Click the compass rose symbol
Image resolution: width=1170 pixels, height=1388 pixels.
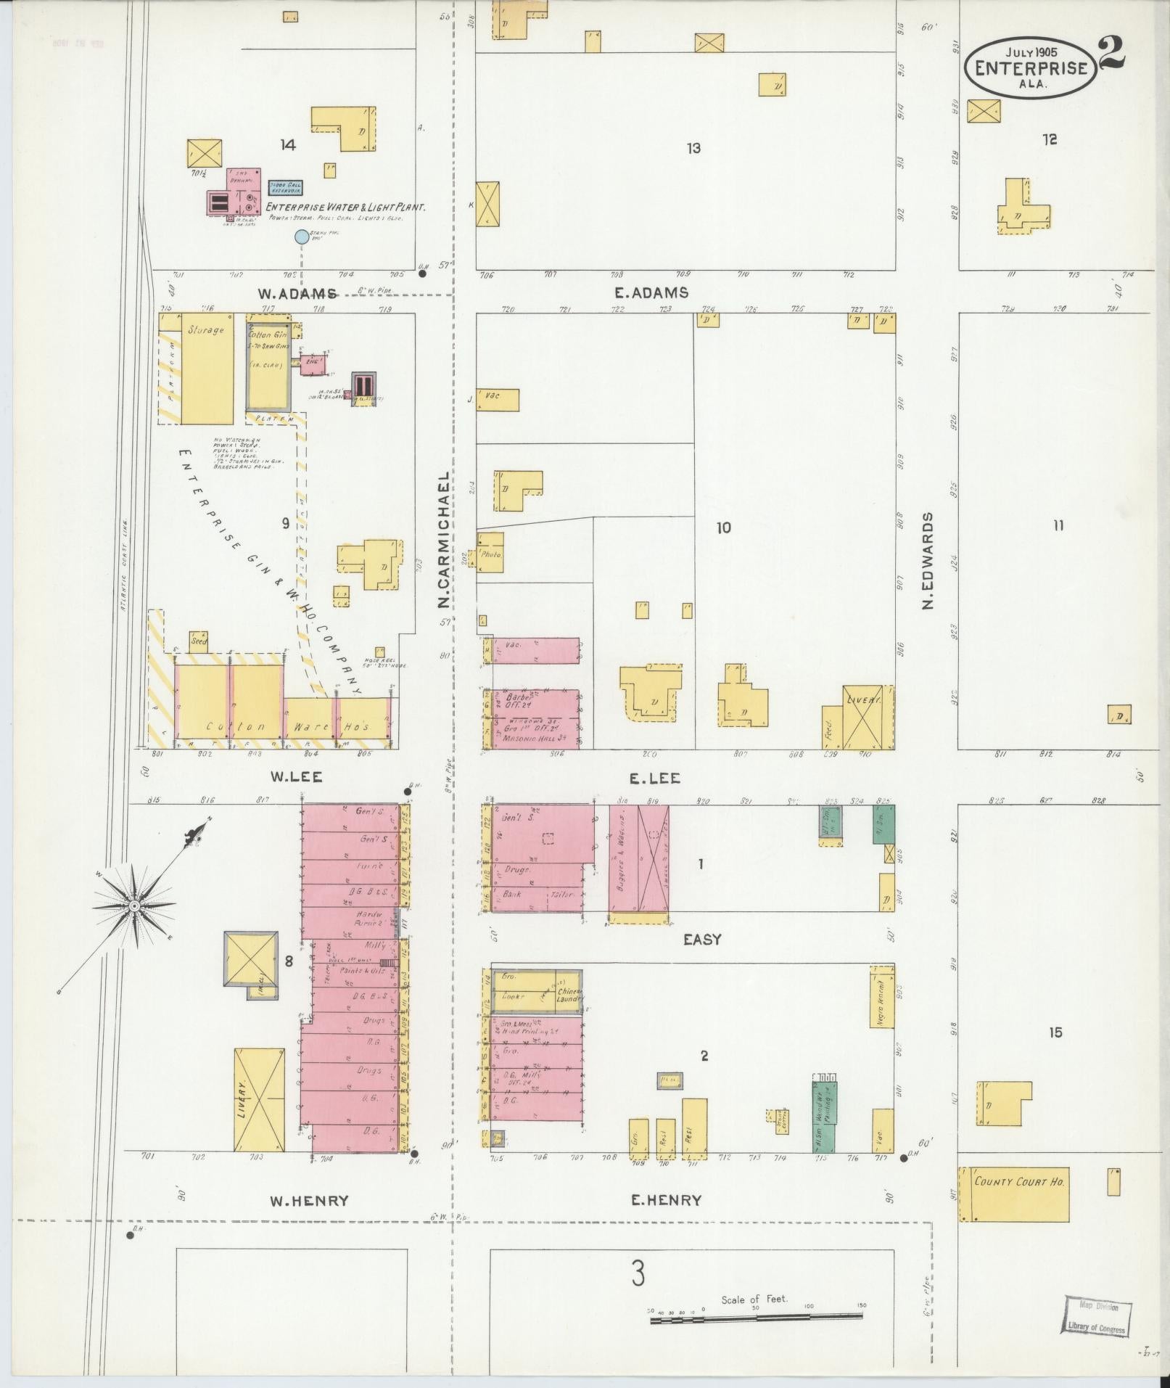point(135,906)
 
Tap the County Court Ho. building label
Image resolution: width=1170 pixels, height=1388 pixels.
point(1019,1181)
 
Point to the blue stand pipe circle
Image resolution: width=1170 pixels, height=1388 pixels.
point(301,237)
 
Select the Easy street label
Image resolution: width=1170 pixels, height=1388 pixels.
point(702,939)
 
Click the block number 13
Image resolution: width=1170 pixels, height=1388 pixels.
point(693,148)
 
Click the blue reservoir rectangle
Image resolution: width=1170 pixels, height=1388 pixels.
point(285,189)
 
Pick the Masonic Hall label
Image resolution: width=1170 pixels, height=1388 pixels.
point(537,739)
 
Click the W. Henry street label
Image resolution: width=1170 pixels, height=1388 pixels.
point(309,1201)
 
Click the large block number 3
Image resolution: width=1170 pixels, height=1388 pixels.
point(638,1273)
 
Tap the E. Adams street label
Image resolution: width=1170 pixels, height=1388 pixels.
point(651,292)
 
